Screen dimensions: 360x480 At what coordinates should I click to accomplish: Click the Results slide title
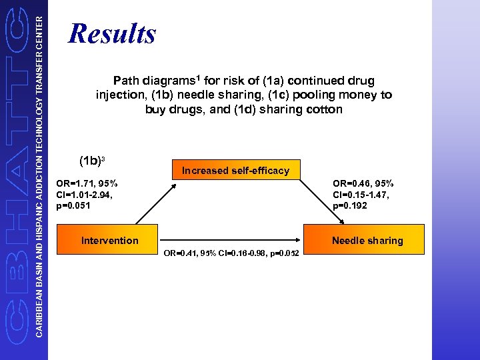(x=112, y=33)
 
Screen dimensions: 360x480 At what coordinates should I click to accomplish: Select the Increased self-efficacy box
(x=236, y=170)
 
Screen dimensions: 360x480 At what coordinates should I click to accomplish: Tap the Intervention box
(x=109, y=241)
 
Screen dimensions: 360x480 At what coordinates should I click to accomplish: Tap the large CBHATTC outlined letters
(x=15, y=180)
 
